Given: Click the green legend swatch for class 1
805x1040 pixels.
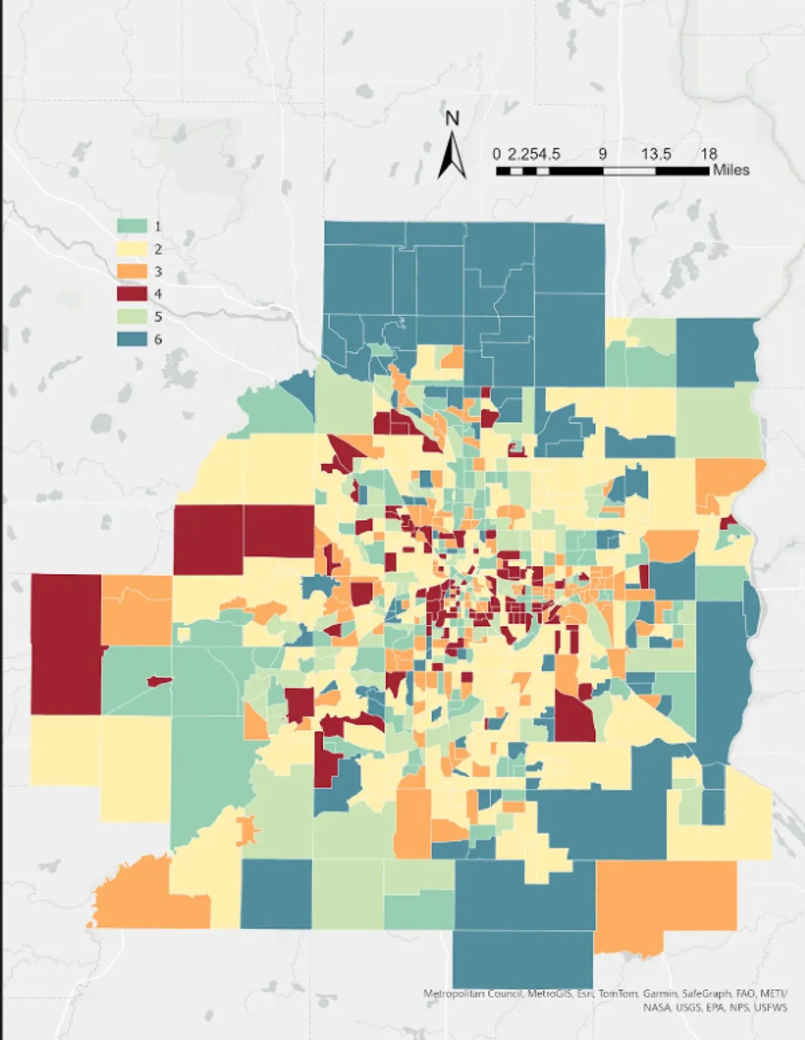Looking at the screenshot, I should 132,226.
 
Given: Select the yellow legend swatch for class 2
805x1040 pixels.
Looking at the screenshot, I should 132,249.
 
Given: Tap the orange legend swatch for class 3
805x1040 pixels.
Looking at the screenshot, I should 132,271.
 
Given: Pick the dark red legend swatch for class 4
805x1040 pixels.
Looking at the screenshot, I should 132,293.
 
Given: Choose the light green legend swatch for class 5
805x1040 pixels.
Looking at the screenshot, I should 132,316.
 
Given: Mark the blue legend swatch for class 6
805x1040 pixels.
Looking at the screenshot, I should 132,339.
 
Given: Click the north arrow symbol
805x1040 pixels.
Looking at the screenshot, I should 452,155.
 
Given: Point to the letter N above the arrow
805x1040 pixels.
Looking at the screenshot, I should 452,119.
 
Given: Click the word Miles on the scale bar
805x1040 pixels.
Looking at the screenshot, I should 731,170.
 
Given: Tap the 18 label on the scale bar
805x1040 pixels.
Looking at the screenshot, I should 709,154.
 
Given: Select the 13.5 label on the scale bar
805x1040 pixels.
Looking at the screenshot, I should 656,154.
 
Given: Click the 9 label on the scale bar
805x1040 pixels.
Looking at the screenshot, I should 603,154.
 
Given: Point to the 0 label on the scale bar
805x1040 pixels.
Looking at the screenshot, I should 497,154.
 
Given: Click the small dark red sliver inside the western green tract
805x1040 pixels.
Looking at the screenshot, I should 159,681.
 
